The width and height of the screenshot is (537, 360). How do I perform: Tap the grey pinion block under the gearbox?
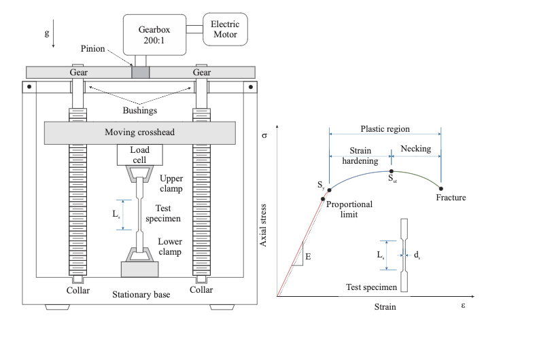pos(140,72)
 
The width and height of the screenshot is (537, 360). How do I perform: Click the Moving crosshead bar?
pos(139,132)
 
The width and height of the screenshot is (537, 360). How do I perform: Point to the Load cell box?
pos(139,155)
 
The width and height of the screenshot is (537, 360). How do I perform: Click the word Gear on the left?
pos(77,73)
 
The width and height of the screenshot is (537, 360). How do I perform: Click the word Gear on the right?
pos(202,73)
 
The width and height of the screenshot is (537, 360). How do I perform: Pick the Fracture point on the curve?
pos(441,188)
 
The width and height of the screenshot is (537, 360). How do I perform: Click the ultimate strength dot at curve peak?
pos(392,171)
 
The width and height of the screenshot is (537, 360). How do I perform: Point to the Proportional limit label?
pos(347,210)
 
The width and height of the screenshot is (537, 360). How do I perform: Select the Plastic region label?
pos(385,129)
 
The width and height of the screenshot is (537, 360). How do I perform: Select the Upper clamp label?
pos(171,183)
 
